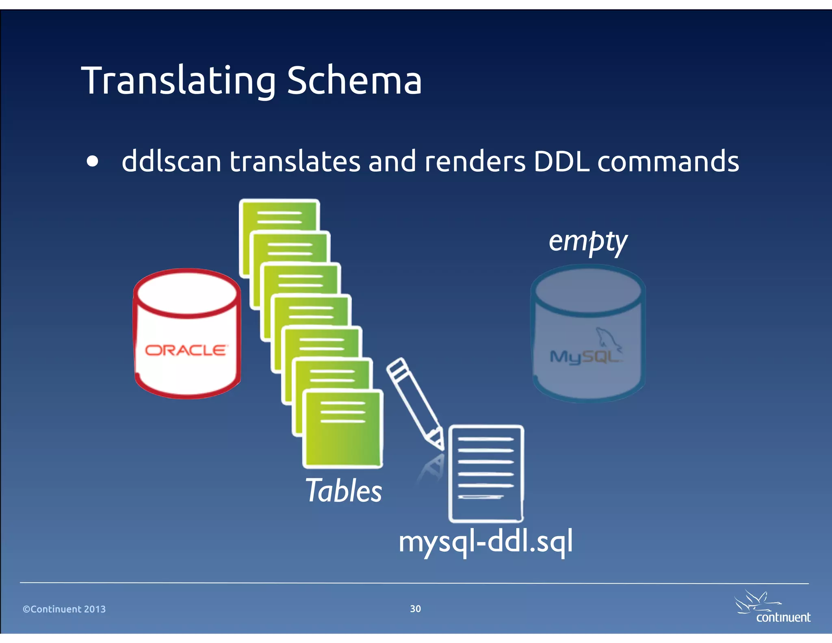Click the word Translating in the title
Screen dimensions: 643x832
(x=179, y=81)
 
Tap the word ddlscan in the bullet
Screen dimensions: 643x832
(x=171, y=161)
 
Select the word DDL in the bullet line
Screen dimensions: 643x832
(x=561, y=161)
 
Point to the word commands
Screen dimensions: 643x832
(x=668, y=161)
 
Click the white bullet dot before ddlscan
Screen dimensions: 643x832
(x=93, y=161)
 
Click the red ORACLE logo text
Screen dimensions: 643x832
(x=186, y=350)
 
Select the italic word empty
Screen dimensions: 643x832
(x=587, y=242)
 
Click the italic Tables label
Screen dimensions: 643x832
(x=344, y=491)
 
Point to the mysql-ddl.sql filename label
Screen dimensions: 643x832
(x=485, y=542)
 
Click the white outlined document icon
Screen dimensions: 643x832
(x=486, y=474)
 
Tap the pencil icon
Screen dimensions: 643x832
(x=415, y=402)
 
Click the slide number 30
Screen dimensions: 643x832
(x=415, y=608)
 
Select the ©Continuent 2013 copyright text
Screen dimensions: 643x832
(x=64, y=609)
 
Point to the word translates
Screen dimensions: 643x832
(x=295, y=161)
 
